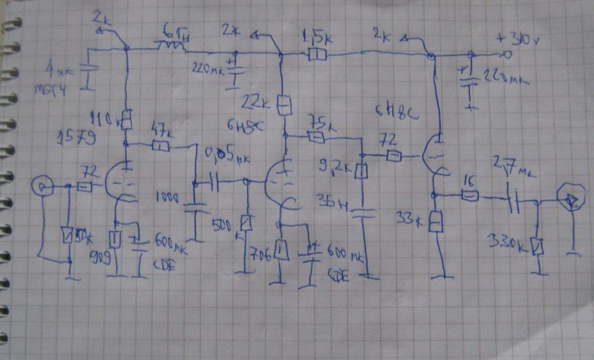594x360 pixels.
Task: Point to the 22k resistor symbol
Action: (x=285, y=105)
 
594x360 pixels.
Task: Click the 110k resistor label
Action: (x=109, y=118)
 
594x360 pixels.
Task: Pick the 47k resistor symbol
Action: (x=161, y=146)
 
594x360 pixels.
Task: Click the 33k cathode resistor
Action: (x=436, y=222)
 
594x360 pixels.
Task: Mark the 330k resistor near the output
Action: (x=538, y=245)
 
